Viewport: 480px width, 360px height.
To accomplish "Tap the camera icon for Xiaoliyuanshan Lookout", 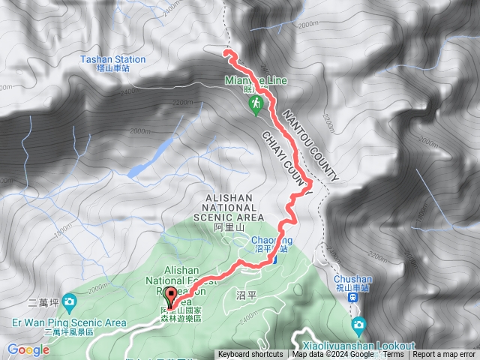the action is pos(358,325).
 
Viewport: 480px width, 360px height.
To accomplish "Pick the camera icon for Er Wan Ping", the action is pos(69,302).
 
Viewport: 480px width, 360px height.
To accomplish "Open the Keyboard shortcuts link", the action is pos(250,355).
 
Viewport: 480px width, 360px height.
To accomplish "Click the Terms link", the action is pos(393,355).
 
